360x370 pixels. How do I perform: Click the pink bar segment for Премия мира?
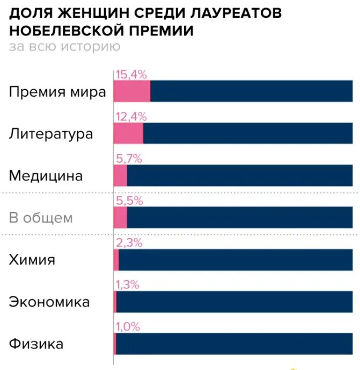[x=132, y=91]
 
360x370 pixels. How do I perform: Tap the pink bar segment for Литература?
[x=129, y=133]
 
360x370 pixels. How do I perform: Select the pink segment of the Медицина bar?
[x=121, y=176]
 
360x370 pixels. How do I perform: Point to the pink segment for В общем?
[x=121, y=217]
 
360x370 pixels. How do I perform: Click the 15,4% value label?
[x=131, y=75]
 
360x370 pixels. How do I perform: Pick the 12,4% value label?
[x=131, y=117]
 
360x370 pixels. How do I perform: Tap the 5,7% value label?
[x=129, y=159]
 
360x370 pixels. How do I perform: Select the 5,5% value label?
[x=129, y=201]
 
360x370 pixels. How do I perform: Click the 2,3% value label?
[x=129, y=243]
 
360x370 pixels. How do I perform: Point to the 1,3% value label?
[x=128, y=285]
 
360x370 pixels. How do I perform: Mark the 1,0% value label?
[x=128, y=327]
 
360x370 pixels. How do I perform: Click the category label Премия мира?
[x=57, y=92]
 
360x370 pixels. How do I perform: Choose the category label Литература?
[x=51, y=134]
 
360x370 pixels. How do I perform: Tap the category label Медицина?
[x=46, y=176]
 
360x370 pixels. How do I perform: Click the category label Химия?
[x=32, y=260]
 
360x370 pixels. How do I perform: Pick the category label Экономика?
[x=49, y=302]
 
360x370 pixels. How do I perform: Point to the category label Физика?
[x=36, y=344]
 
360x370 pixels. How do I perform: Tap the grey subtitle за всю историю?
[x=64, y=46]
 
